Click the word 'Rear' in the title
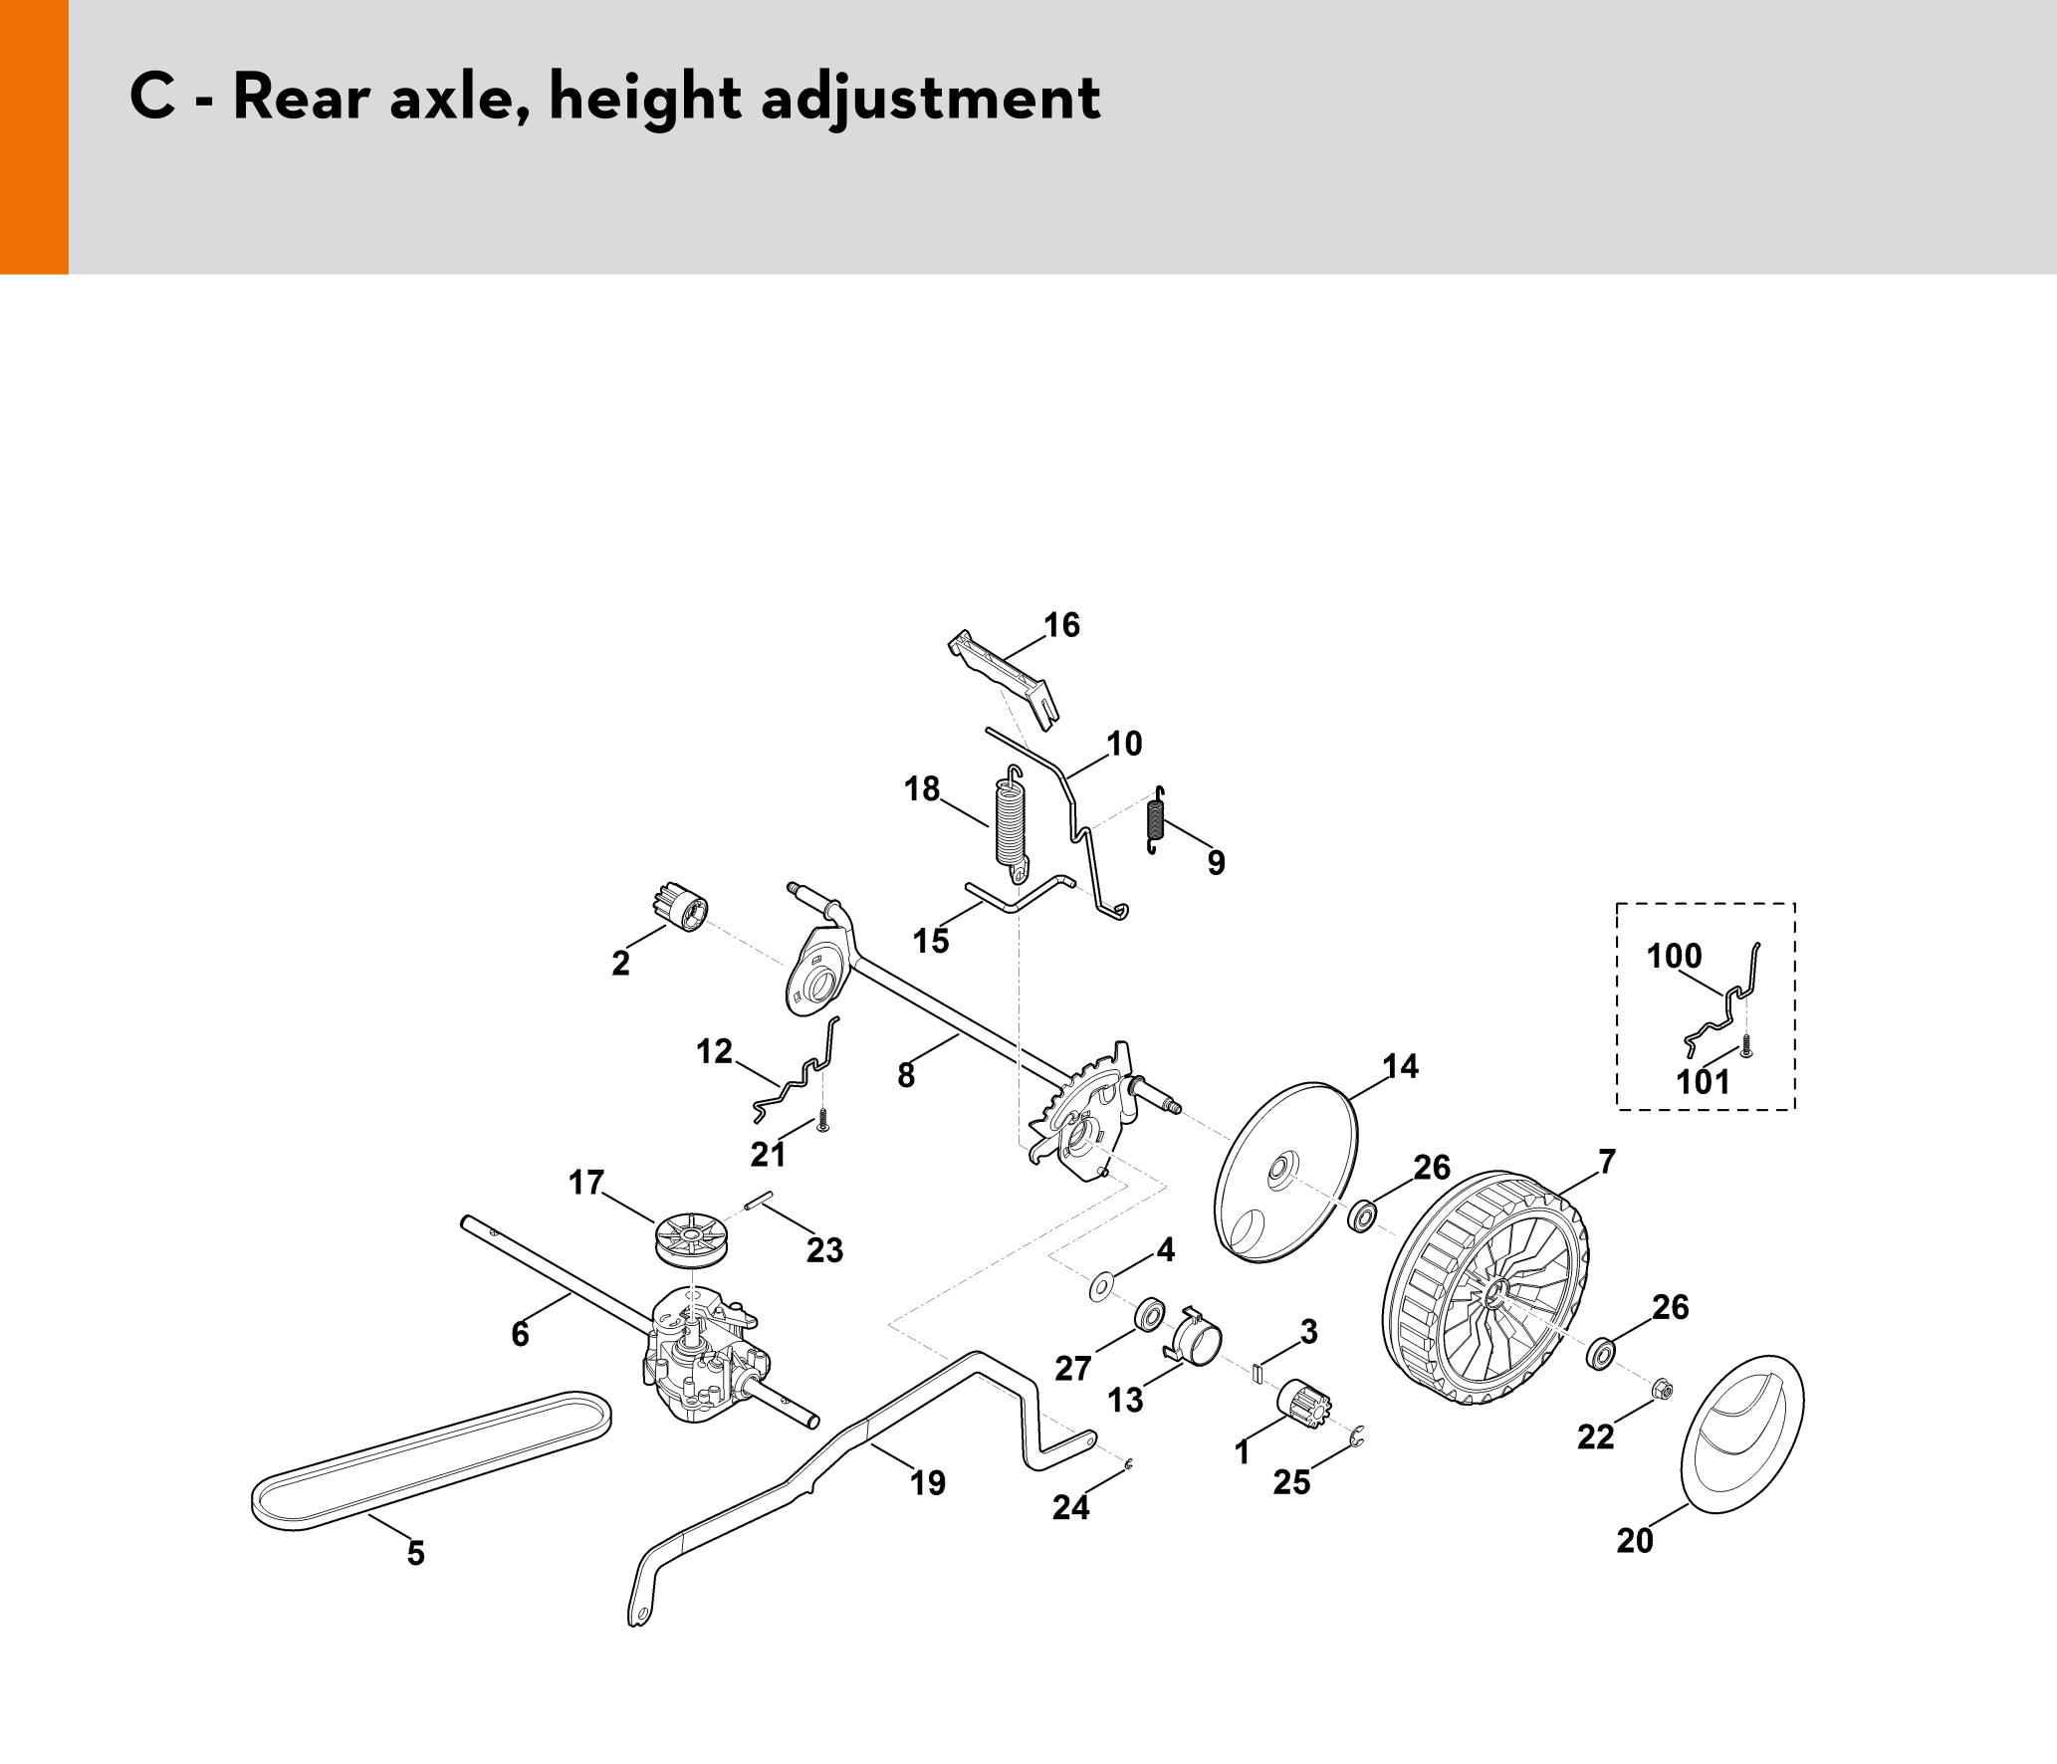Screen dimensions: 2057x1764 coord(301,99)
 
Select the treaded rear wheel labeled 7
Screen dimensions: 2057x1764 coord(1486,1288)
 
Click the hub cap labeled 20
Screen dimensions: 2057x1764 coord(1742,1433)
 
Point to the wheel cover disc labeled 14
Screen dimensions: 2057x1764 coord(1285,1173)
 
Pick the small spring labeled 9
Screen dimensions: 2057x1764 coord(1155,819)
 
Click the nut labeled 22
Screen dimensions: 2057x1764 coord(1661,1390)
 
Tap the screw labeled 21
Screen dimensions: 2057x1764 coord(823,1120)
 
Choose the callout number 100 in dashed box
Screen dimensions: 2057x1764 coord(1675,956)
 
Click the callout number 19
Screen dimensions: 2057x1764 coord(928,1482)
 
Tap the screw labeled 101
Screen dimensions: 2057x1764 coord(1745,1045)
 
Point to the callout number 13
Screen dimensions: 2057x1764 coord(1126,1400)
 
